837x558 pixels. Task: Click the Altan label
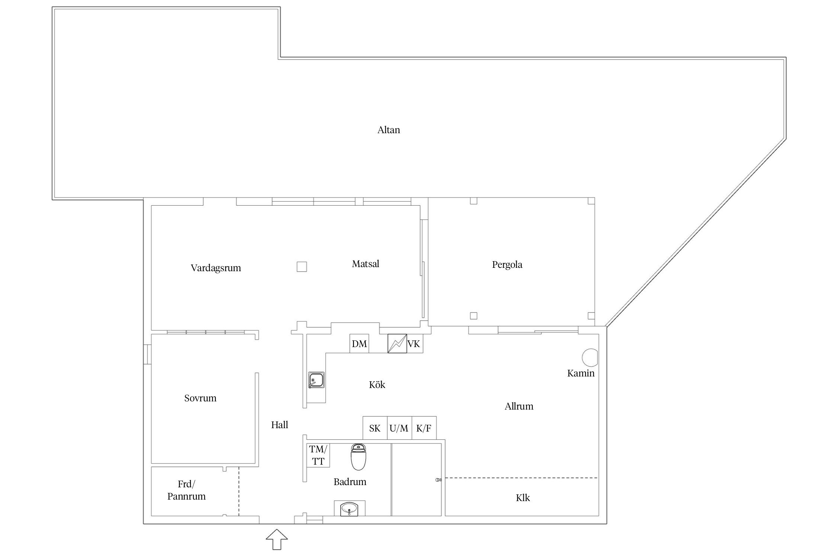pos(389,130)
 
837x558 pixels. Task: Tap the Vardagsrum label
pos(216,268)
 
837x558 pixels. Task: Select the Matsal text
pos(366,264)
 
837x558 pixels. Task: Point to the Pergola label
pos(507,265)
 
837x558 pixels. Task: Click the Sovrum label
pos(200,398)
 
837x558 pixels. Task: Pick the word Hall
pos(279,425)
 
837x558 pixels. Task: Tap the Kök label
pos(377,384)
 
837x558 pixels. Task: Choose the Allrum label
pos(519,406)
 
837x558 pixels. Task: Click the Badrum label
pos(350,482)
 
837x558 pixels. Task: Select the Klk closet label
pos(523,498)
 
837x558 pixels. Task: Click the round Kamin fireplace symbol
pos(590,357)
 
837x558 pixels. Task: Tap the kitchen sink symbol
pos(316,380)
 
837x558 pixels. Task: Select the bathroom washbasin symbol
pos(349,508)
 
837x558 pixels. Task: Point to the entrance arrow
pos(277,539)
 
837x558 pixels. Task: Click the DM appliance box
pos(359,343)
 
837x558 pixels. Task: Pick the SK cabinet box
pos(375,428)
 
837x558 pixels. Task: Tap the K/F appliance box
pos(424,428)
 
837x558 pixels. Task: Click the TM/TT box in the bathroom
pos(318,455)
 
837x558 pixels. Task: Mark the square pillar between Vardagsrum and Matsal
pos(302,267)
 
